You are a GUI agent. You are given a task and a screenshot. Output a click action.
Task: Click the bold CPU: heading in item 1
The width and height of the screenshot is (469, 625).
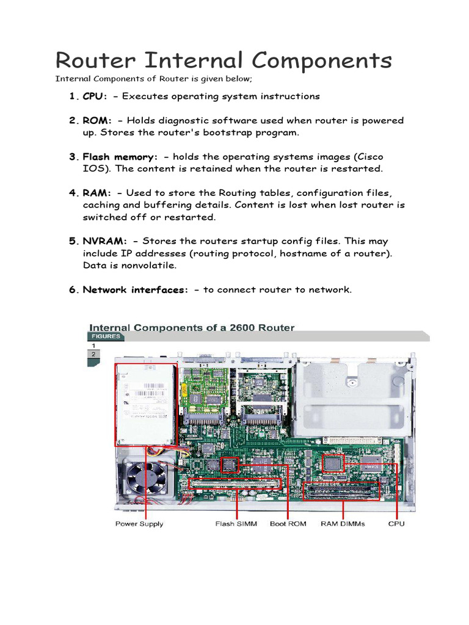click(95, 96)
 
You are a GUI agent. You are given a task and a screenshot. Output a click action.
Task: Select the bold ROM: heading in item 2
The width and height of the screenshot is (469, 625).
click(97, 121)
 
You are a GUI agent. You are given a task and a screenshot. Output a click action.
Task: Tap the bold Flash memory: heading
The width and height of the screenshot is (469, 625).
click(120, 157)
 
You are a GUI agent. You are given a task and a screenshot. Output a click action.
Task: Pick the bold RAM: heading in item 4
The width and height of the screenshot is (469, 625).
click(97, 193)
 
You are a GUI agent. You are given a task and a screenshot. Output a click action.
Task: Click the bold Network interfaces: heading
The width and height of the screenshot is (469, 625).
click(136, 290)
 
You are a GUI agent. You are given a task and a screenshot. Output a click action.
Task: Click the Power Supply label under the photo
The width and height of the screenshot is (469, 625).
click(139, 524)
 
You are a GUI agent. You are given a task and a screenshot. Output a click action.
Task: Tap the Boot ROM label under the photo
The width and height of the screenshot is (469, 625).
click(286, 524)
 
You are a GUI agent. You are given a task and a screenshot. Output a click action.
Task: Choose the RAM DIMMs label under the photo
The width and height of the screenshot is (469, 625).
click(343, 524)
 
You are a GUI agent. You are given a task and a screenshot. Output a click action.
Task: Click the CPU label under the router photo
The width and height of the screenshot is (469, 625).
click(396, 524)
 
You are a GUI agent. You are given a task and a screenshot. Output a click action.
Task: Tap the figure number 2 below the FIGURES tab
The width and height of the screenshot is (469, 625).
click(93, 354)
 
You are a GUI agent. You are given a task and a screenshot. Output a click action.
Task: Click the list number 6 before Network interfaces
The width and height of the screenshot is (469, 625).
click(72, 290)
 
